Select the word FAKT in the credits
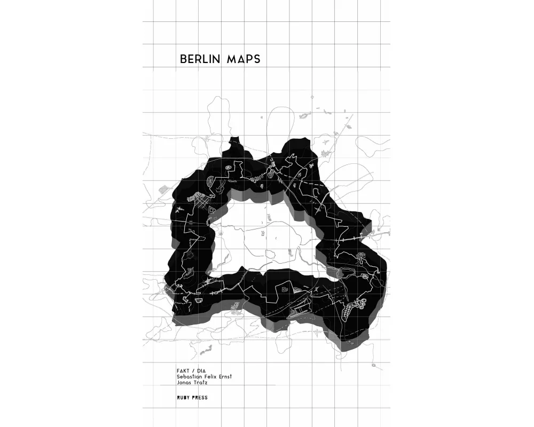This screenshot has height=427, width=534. (183, 370)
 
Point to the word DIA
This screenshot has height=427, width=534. (201, 370)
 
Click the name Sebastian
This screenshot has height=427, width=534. (190, 377)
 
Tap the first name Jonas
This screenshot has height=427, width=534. (184, 383)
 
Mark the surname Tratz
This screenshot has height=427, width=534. (201, 383)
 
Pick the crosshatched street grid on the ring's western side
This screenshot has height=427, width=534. (197, 202)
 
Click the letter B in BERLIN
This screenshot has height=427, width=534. (183, 59)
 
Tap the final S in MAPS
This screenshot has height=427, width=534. (257, 59)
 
